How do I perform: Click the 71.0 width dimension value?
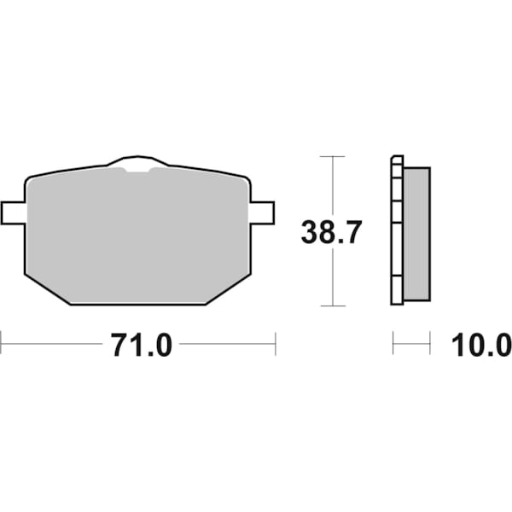[141, 346]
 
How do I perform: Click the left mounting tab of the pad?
[14, 212]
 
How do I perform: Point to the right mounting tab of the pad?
[262, 212]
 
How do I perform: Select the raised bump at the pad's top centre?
[137, 163]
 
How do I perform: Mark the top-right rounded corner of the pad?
[245, 181]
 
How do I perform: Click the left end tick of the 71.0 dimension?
[2, 345]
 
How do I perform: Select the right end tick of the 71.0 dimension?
[275, 345]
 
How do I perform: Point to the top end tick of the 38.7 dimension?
[332, 157]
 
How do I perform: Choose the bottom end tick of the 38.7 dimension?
[332, 305]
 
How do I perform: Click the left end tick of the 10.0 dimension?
[393, 345]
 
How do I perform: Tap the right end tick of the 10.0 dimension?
[429, 345]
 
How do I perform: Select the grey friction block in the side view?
[416, 233]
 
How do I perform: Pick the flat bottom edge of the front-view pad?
[137, 304]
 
